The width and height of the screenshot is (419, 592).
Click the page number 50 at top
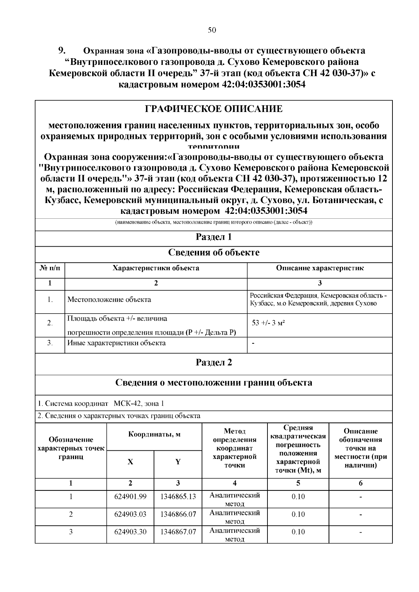point(212,30)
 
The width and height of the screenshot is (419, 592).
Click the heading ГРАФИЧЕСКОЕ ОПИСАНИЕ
point(214,109)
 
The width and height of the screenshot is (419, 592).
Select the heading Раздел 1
point(214,237)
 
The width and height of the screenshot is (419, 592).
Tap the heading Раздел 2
point(214,362)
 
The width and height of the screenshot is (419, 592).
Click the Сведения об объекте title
point(214,253)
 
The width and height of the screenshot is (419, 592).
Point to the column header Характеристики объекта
point(156,268)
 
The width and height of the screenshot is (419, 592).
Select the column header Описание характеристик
point(320,268)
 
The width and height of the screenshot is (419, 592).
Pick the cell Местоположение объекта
point(109,299)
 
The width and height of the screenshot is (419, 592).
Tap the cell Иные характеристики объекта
point(117,343)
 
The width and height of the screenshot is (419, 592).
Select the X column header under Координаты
point(130,462)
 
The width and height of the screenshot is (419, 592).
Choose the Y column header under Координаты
point(178,462)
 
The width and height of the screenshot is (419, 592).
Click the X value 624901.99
point(130,496)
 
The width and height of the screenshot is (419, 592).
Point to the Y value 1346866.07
point(178,514)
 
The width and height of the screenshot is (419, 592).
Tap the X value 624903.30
point(130,532)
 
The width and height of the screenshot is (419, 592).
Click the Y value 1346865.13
point(178,496)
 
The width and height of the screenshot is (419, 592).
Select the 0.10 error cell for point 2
point(298,514)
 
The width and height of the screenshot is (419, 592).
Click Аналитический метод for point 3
point(235,535)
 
